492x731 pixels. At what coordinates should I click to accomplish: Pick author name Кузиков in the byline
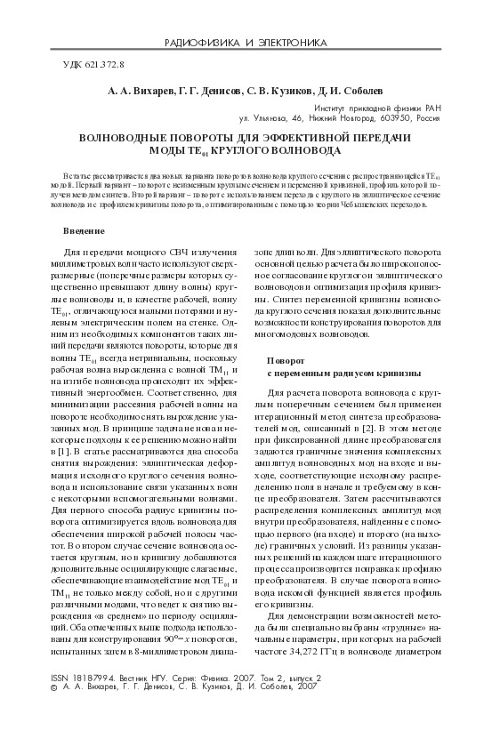click(287, 91)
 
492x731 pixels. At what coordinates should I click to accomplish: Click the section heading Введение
click(83, 231)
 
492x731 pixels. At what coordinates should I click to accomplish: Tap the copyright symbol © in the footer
click(55, 712)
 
